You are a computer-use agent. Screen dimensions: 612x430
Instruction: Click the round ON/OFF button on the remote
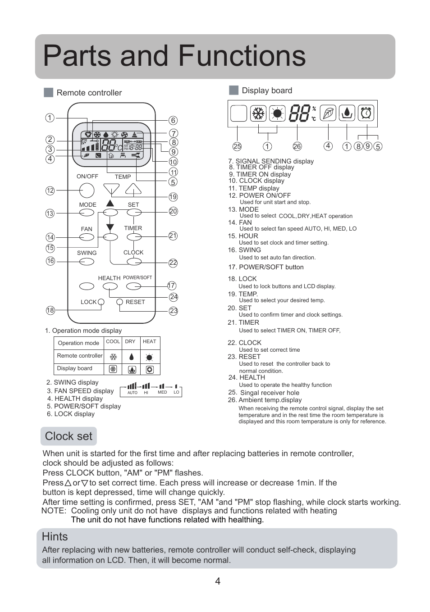(87, 190)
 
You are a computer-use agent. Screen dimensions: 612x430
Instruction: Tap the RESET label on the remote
(135, 302)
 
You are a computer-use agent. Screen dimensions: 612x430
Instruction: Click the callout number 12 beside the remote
(50, 190)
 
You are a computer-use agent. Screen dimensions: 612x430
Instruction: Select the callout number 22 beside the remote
(173, 263)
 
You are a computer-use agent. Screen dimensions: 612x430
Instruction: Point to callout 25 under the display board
(237, 146)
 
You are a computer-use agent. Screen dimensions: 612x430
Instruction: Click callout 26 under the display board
(297, 146)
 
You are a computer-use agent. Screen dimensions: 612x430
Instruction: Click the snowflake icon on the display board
(259, 113)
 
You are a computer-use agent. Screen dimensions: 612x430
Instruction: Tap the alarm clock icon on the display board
(366, 113)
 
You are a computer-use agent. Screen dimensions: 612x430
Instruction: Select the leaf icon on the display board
(328, 113)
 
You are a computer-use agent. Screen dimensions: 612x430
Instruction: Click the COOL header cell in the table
(113, 342)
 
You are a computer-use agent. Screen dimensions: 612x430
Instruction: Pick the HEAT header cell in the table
(149, 342)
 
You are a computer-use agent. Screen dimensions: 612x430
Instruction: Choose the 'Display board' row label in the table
(75, 368)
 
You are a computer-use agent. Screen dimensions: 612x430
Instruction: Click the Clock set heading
(69, 436)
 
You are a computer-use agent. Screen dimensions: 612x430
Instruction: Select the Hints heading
(55, 537)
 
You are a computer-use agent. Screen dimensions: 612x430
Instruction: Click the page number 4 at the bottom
(218, 581)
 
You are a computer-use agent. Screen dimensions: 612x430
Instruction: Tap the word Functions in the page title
(242, 56)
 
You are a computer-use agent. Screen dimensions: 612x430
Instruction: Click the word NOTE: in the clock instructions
(54, 511)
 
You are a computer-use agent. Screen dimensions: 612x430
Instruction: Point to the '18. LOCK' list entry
(242, 279)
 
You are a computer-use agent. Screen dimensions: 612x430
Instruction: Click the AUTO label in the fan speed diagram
(133, 393)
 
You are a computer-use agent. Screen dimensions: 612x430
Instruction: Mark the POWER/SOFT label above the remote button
(137, 278)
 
